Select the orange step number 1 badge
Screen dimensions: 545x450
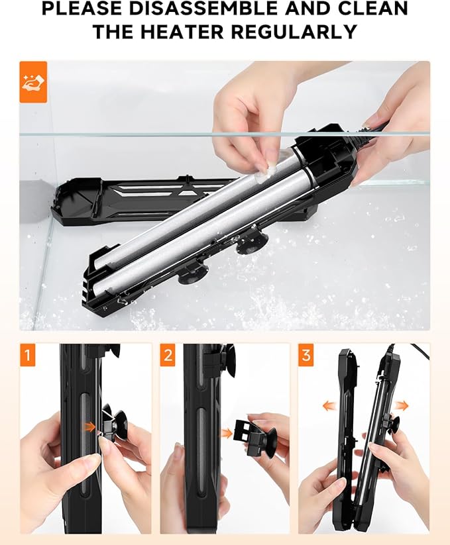pos(27,356)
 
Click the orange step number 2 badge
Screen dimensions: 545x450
pos(168,356)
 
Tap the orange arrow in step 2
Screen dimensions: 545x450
pos(227,433)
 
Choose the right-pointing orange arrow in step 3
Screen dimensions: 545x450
pos(402,405)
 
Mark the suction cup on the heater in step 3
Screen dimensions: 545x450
pos(393,424)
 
